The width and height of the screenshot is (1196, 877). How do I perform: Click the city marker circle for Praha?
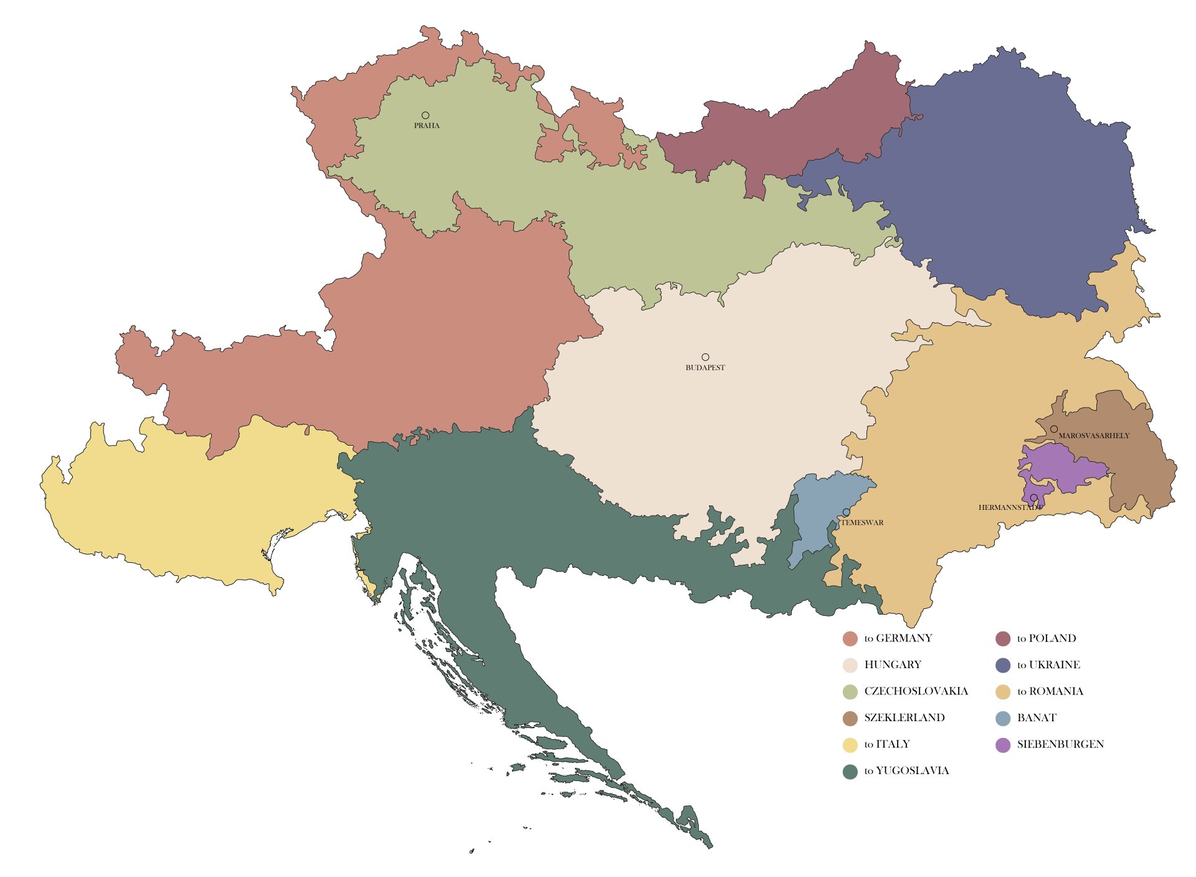(425, 115)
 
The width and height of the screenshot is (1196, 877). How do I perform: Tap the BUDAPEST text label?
(705, 368)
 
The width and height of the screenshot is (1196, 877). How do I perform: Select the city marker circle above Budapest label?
(705, 357)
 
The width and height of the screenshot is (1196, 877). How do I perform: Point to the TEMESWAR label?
(862, 523)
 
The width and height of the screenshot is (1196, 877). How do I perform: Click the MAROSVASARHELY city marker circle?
(1054, 429)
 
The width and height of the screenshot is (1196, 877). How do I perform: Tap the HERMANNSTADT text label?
(1010, 507)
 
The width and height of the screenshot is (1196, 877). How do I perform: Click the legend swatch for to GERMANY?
(850, 638)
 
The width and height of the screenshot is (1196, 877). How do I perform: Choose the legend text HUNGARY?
(893, 664)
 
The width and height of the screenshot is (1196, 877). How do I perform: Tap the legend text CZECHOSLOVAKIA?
(916, 691)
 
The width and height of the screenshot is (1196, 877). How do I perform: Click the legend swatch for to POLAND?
(1003, 638)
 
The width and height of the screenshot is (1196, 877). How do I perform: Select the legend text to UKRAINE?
(1048, 664)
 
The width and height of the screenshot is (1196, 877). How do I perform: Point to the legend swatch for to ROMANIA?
(1003, 691)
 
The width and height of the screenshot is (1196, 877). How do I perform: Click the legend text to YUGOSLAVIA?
(906, 770)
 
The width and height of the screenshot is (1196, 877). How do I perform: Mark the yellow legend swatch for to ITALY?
(850, 744)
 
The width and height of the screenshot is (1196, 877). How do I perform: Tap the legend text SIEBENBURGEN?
(1060, 744)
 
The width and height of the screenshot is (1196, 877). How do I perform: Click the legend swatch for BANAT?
(1003, 717)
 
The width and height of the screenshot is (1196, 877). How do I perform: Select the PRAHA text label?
(427, 126)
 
